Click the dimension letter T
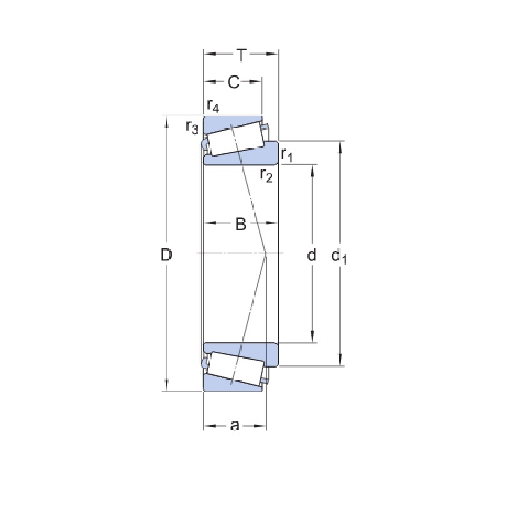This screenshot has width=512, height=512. tap(242, 55)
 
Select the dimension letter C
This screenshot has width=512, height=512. tap(233, 82)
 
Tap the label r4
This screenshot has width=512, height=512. tap(213, 105)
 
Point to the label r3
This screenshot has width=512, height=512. tap(192, 127)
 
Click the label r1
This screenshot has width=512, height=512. tap(287, 155)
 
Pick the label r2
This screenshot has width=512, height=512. tap(266, 175)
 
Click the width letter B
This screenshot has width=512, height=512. tap(240, 224)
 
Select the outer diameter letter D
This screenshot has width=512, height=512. tap(166, 254)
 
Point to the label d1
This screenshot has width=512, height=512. tap(339, 255)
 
